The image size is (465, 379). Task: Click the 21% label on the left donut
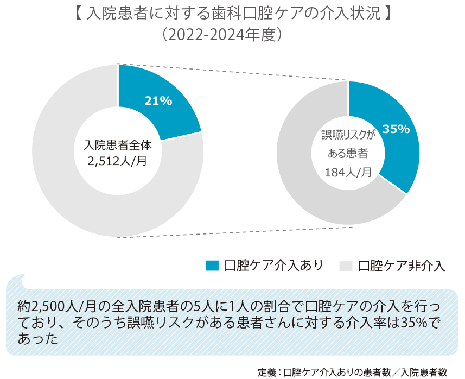coord(158,100)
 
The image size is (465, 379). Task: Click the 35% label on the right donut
coord(396,129)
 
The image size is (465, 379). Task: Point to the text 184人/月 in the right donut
coord(348,172)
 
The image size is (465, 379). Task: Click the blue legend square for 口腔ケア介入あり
coord(212,265)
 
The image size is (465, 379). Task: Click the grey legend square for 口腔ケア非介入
coord(346,266)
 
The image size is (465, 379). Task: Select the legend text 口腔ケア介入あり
coord(274,265)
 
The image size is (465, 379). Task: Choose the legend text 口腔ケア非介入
coord(402,266)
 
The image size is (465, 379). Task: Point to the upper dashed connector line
coord(233,72)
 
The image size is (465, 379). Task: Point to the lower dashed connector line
coord(233,230)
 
